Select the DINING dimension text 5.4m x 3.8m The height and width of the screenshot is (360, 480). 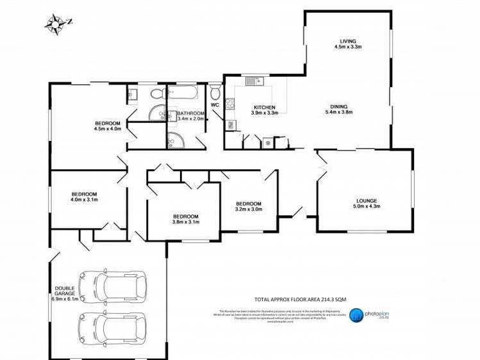coord(339,112)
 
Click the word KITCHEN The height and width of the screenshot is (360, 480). coord(264,107)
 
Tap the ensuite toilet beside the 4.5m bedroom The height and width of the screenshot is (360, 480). coord(156,95)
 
